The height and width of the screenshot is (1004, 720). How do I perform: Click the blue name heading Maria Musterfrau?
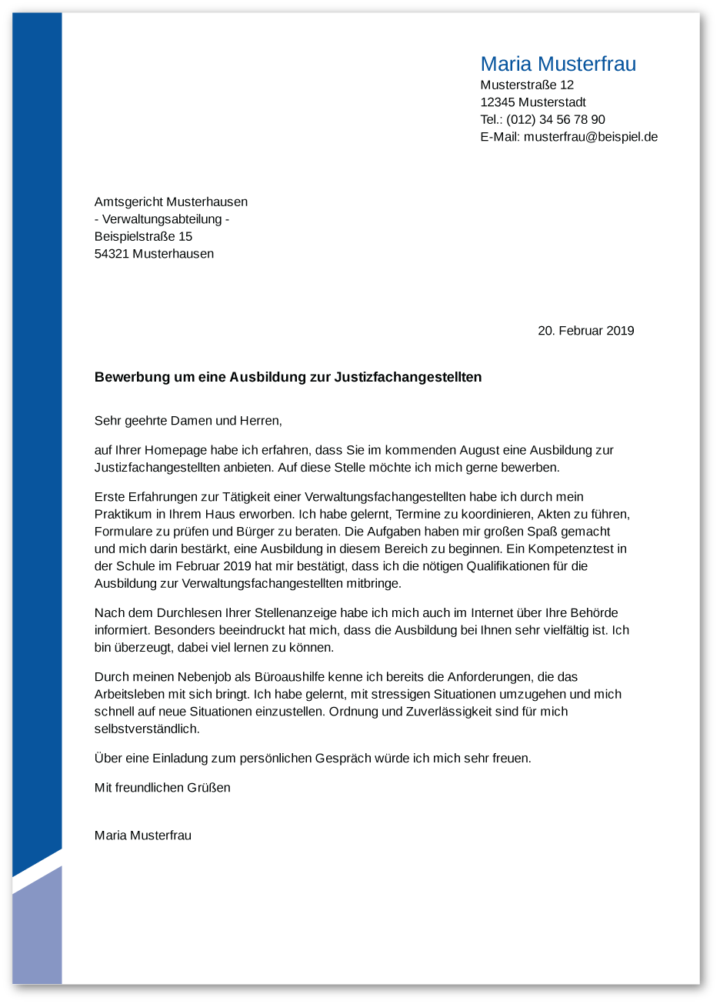[558, 64]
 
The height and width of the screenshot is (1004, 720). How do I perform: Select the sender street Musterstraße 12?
[527, 85]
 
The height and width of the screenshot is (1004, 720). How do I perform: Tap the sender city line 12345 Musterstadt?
[533, 102]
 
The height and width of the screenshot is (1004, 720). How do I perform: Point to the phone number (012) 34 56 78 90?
[555, 120]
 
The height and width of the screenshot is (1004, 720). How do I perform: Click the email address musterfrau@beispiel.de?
[590, 137]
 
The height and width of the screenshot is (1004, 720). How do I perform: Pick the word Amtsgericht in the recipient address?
[128, 202]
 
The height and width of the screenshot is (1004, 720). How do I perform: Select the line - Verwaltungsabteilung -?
[162, 219]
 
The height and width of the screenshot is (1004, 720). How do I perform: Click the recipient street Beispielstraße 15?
[143, 236]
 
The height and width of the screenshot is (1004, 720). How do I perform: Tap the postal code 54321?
[112, 254]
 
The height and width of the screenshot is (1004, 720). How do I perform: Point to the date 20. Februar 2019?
[585, 331]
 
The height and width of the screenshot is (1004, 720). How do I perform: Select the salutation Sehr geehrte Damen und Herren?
[188, 421]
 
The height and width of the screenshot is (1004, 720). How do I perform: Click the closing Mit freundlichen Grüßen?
[162, 788]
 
